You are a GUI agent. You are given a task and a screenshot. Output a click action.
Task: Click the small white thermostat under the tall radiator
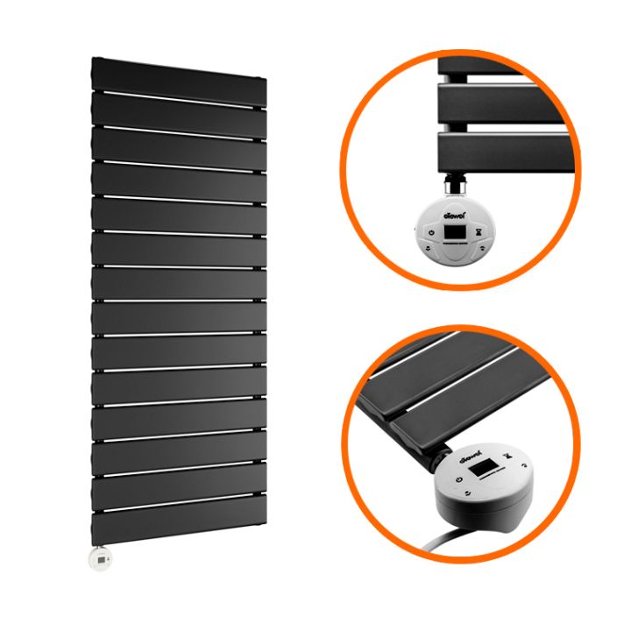[103, 556]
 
